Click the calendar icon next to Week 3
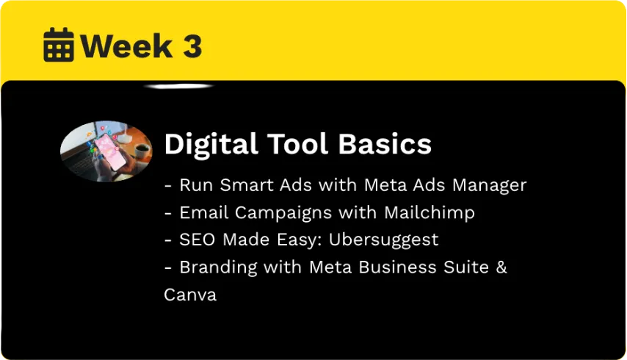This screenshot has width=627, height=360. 59,45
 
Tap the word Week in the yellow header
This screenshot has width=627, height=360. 127,46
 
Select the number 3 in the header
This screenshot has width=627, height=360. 192,46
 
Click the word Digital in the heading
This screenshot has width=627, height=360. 211,145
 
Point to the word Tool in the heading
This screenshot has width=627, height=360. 298,143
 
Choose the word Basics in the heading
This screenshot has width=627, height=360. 385,143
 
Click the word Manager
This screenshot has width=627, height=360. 490,186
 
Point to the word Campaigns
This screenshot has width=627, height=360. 283,213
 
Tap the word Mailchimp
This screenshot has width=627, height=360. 430,213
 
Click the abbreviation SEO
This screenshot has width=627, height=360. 197,240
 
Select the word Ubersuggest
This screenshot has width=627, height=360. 383,240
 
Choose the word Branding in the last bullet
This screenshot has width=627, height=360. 218,267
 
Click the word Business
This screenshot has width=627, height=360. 397,267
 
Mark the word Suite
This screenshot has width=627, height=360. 466,267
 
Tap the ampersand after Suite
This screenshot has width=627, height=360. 501,267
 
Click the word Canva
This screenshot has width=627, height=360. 190,295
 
